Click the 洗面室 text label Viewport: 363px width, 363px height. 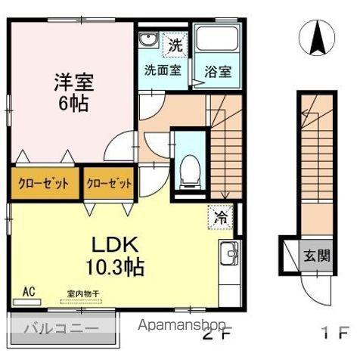163,70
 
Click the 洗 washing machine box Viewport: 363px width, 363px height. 175,45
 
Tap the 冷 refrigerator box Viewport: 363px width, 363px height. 222,216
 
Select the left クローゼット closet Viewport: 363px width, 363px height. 44,183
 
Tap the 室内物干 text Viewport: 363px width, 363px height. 82,295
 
